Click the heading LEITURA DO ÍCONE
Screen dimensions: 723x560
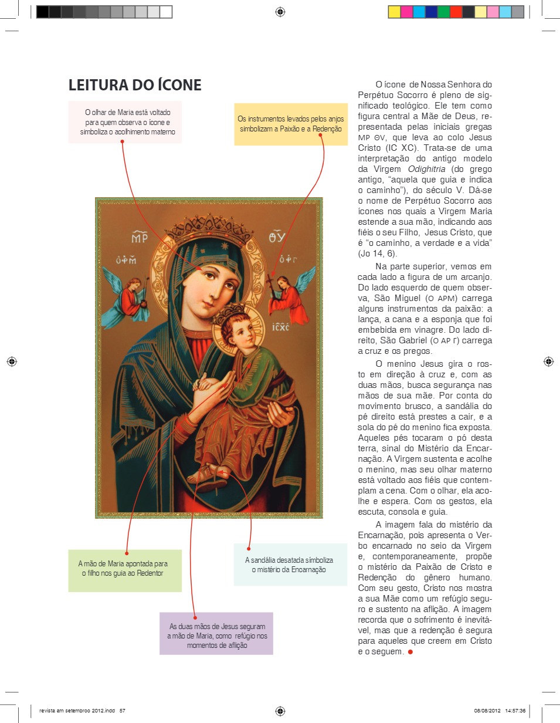click(135, 85)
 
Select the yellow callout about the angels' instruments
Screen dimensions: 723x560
click(291, 124)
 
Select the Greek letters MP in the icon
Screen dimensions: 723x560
click(138, 238)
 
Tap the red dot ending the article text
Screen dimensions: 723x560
click(410, 653)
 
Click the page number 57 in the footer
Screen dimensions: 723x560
click(123, 710)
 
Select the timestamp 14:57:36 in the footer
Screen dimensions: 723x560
click(514, 710)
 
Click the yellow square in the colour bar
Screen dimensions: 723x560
click(394, 12)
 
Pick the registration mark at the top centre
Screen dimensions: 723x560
click(280, 12)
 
